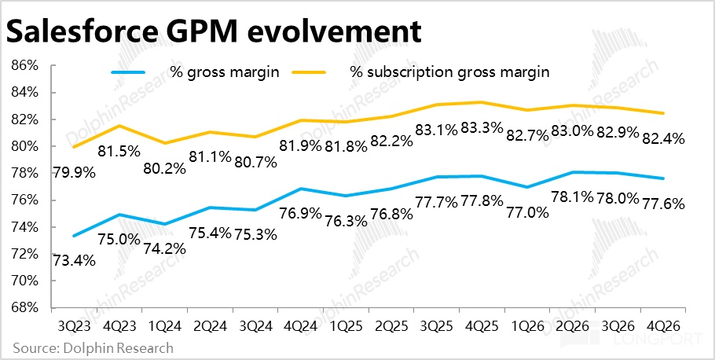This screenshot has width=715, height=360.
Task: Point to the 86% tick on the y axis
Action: (x=24, y=65)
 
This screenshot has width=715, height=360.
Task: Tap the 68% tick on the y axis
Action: (x=24, y=307)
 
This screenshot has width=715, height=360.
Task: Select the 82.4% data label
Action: (x=665, y=138)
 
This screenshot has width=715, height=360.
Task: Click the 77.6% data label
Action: (x=665, y=203)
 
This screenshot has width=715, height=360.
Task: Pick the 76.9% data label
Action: (x=300, y=213)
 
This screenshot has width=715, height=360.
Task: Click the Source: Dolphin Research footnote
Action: (x=93, y=347)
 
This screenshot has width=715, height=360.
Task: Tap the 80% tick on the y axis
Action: (x=24, y=146)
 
